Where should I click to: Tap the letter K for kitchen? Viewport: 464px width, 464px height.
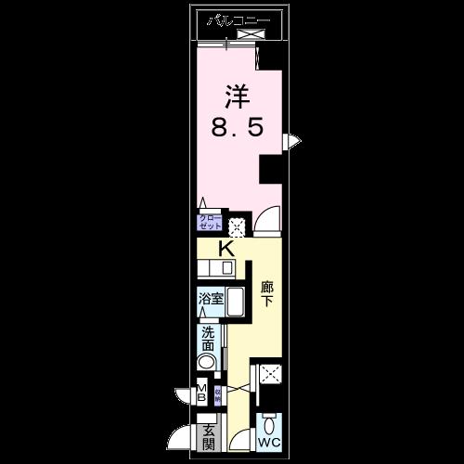click(x=226, y=249)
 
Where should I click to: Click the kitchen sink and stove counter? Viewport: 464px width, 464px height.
click(x=217, y=269)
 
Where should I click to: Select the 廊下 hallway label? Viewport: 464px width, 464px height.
click(x=267, y=294)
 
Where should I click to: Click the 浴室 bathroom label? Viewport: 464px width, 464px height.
click(x=209, y=299)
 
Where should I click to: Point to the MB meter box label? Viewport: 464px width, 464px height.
click(x=201, y=392)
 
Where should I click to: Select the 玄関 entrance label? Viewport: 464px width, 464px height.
click(x=209, y=435)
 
